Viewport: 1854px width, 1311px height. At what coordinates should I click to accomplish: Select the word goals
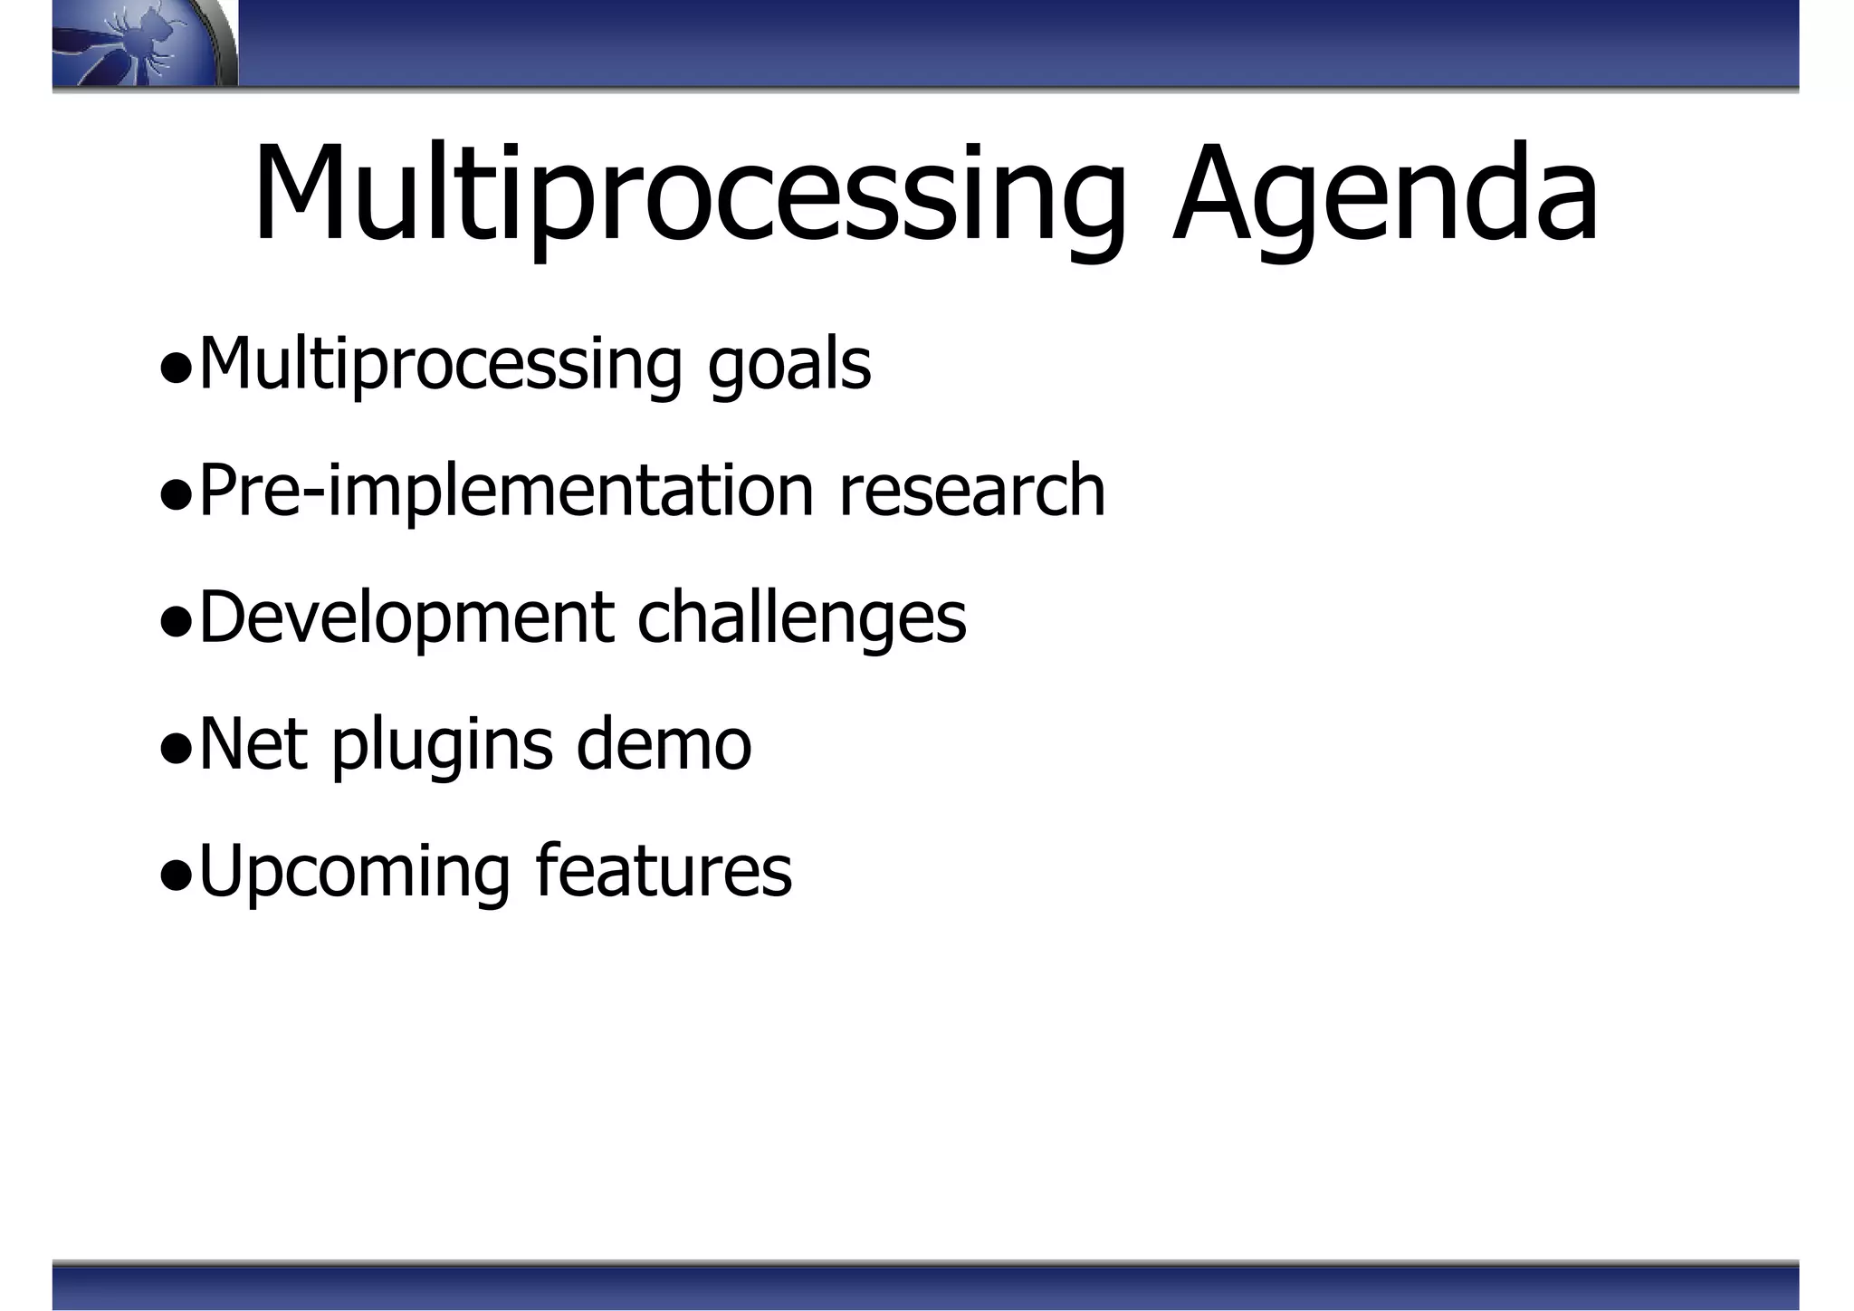click(x=788, y=365)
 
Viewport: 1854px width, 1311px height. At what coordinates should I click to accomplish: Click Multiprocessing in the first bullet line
click(x=440, y=365)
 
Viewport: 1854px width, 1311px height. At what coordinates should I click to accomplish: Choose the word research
click(x=972, y=492)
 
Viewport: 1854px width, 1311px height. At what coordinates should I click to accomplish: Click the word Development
click(x=406, y=618)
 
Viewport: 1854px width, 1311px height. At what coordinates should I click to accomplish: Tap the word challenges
click(x=801, y=618)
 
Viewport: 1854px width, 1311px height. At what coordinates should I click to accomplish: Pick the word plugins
click(x=442, y=745)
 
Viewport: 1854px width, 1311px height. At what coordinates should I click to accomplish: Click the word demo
click(x=664, y=745)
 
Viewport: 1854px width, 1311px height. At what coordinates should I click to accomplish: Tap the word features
click(x=664, y=872)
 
